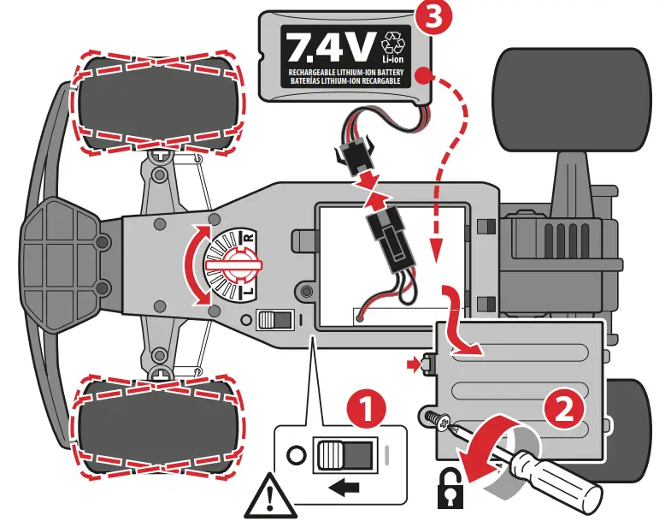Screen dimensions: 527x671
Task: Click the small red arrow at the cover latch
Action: tap(415, 366)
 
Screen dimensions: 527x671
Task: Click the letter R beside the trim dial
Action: tap(249, 236)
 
